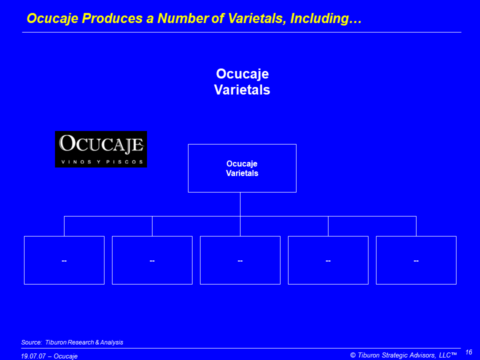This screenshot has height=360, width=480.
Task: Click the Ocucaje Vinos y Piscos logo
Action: coord(100,149)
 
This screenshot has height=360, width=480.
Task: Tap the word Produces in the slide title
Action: coord(112,18)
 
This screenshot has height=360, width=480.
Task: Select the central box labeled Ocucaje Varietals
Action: coord(242,168)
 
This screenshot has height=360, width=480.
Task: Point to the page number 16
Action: coord(468,352)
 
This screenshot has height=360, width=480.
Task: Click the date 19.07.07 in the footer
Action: coord(33,356)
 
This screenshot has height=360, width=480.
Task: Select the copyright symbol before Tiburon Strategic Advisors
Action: coord(353,355)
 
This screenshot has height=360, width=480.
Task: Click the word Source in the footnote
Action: coord(31,342)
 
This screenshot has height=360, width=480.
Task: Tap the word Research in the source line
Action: coord(80,342)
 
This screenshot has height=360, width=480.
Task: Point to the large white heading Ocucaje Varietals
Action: coord(242,81)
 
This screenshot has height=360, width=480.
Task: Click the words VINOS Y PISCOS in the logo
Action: coord(102,161)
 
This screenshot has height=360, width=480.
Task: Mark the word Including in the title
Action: coord(326,18)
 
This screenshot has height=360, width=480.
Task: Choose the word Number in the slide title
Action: coord(183,18)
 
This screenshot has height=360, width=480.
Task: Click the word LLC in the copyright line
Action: coord(445,355)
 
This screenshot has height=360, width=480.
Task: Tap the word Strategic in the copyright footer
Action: coord(394,355)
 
